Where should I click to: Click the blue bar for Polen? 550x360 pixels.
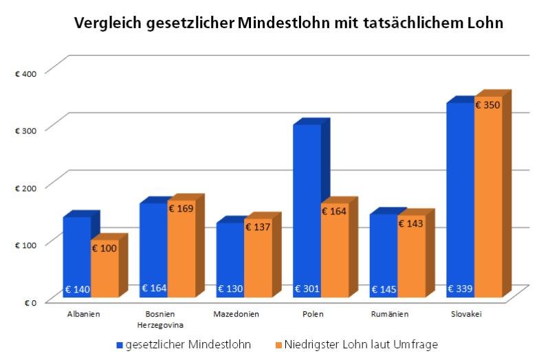pyautogui.click(x=306, y=206)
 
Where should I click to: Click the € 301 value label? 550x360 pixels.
pyautogui.click(x=307, y=289)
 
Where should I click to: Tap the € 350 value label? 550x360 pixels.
pyautogui.click(x=487, y=106)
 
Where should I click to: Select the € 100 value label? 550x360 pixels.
pyautogui.click(x=105, y=247)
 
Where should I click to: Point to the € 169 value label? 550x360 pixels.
pyautogui.click(x=181, y=208)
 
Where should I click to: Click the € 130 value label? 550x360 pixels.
pyautogui.click(x=230, y=289)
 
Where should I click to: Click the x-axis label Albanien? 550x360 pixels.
pyautogui.click(x=84, y=314)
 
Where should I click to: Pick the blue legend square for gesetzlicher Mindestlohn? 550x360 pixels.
pyautogui.click(x=119, y=344)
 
